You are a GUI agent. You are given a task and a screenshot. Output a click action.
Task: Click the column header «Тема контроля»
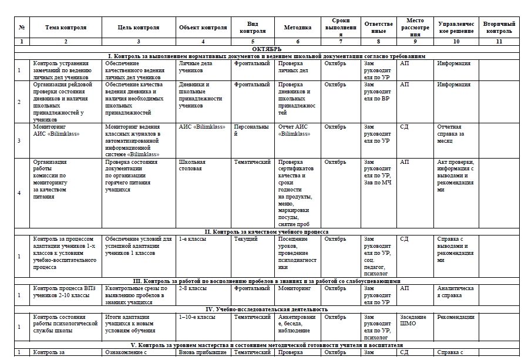coord(66,27)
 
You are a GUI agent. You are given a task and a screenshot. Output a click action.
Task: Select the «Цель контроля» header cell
coord(138,27)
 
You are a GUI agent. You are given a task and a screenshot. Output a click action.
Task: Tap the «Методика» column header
coord(298,27)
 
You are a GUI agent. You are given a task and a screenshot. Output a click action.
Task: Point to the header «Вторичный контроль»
coord(499,27)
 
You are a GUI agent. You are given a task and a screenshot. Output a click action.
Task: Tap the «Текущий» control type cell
coord(247,239)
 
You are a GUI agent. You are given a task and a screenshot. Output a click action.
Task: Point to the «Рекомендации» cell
coord(456,317)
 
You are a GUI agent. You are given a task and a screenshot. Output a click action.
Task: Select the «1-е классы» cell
coord(191,239)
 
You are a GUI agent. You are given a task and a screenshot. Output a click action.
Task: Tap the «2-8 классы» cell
coord(193,288)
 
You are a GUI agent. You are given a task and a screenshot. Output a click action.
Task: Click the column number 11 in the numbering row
coord(499,42)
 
